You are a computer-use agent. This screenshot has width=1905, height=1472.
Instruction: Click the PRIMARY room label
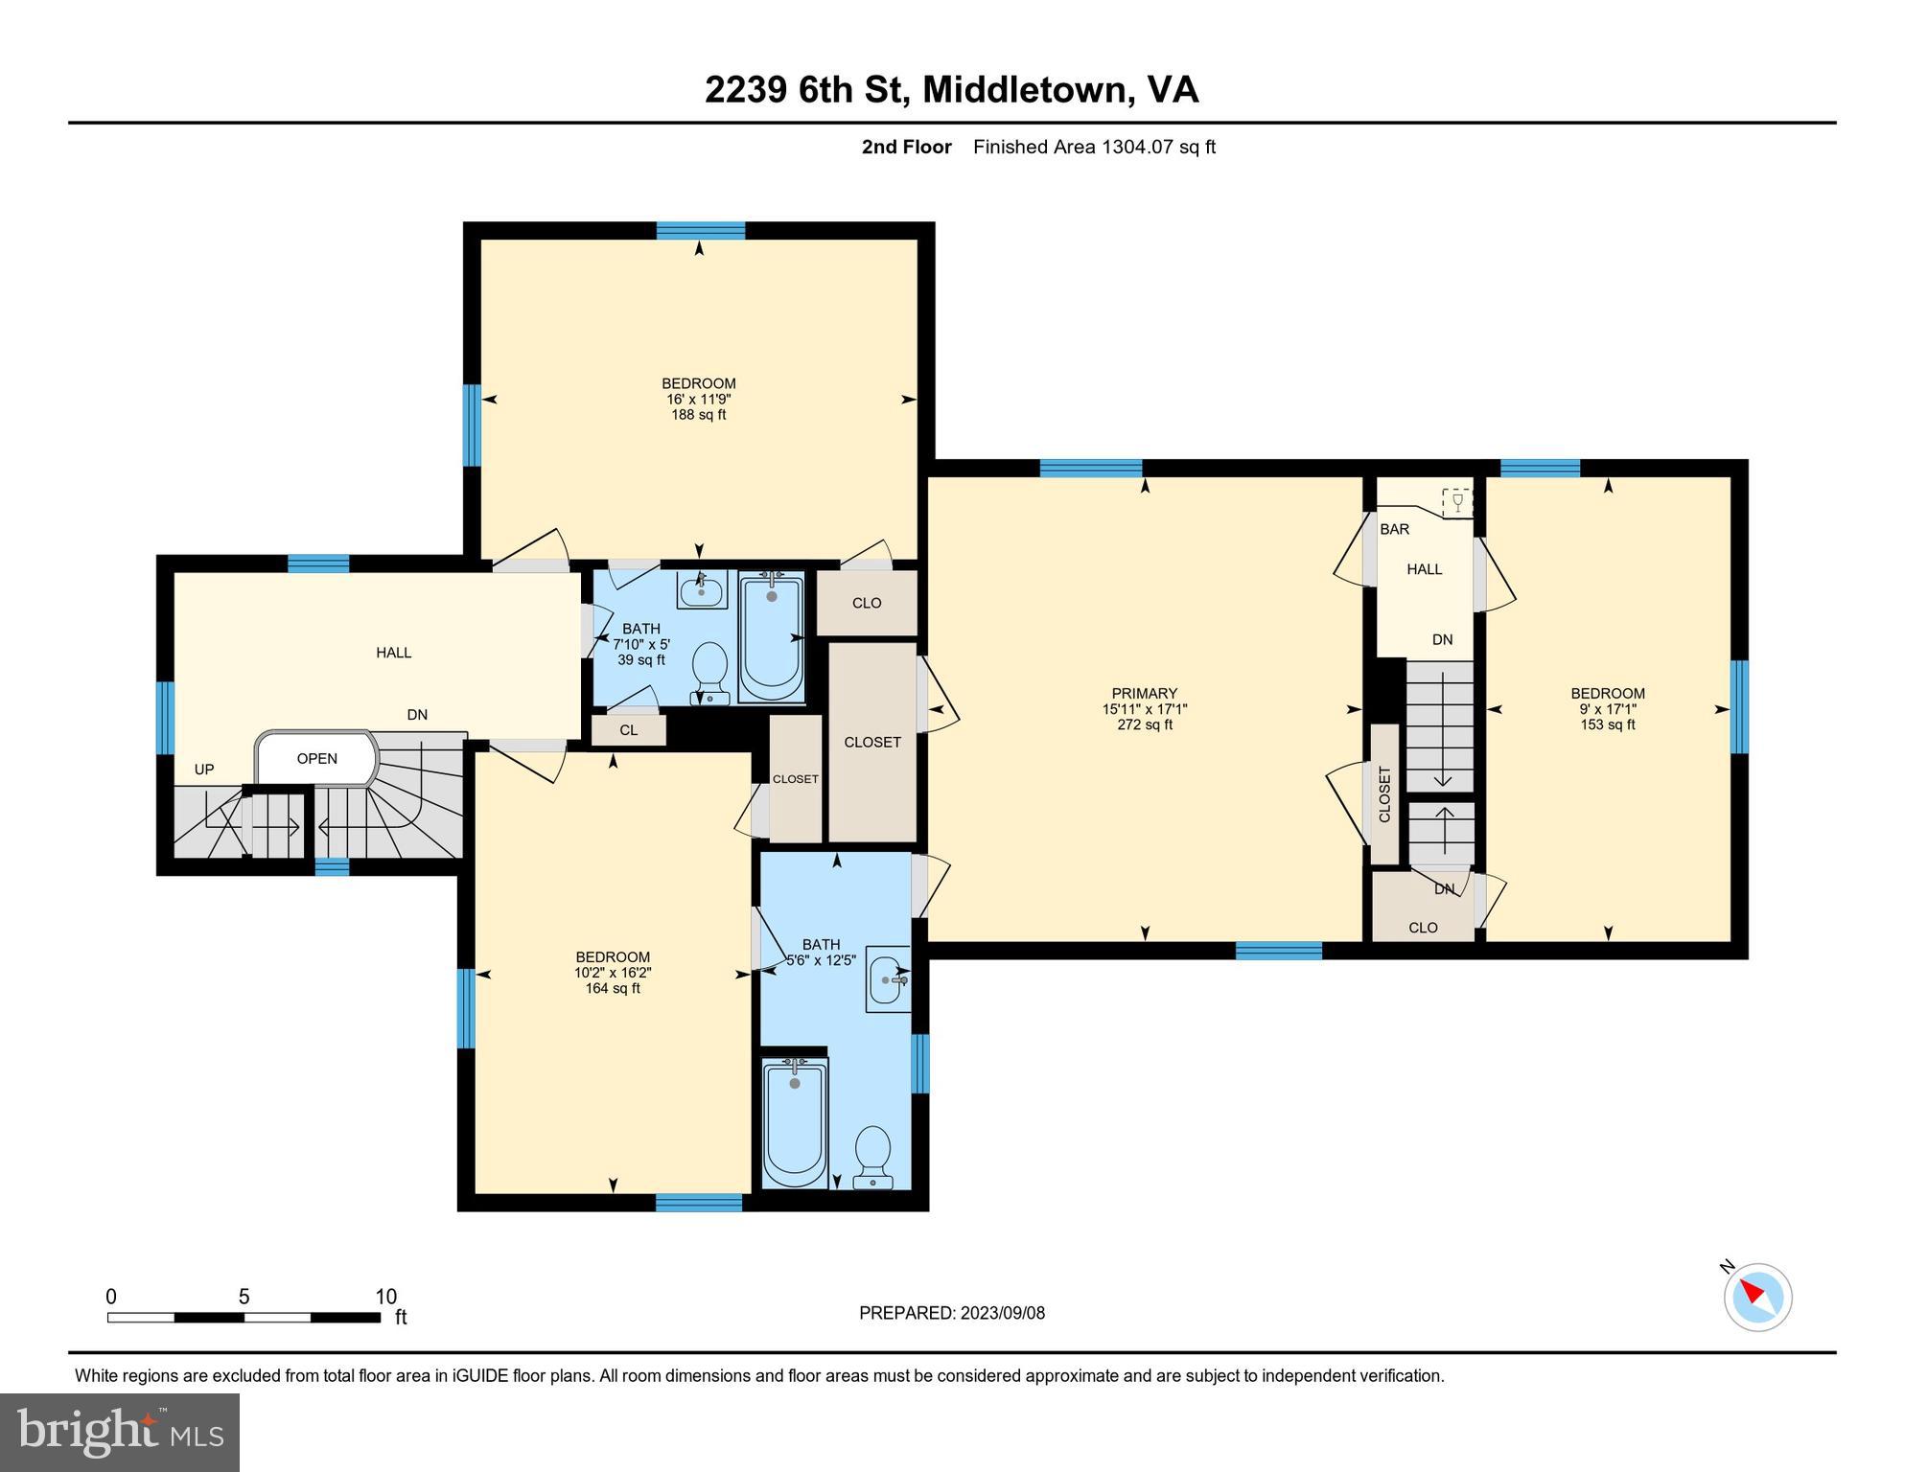click(1144, 693)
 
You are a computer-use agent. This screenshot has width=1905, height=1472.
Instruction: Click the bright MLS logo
click(120, 1432)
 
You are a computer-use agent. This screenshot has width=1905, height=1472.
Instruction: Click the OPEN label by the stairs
click(316, 759)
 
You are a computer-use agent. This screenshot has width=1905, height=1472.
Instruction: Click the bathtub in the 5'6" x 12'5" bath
click(794, 1121)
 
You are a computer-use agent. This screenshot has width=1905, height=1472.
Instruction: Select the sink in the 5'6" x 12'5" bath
click(888, 978)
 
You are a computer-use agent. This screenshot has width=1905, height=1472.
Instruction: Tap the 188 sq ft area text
click(698, 415)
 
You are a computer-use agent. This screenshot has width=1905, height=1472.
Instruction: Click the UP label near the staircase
click(204, 770)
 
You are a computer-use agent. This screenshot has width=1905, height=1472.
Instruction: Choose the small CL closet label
click(628, 730)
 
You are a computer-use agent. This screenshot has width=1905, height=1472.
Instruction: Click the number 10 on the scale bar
click(385, 1297)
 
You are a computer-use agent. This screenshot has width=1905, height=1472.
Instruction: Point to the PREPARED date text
click(951, 1313)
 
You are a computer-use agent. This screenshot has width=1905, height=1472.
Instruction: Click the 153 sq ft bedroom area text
click(1607, 724)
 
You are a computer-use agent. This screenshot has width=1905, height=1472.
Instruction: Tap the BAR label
click(1394, 529)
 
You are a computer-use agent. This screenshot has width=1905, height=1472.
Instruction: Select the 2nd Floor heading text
click(906, 147)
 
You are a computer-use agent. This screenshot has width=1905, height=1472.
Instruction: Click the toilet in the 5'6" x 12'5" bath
click(872, 1156)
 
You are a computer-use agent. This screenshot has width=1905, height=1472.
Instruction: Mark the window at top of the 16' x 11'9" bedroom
click(700, 230)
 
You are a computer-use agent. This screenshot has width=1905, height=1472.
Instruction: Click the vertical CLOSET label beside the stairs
click(1384, 794)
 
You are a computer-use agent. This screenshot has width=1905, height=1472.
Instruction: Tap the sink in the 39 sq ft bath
click(701, 589)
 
